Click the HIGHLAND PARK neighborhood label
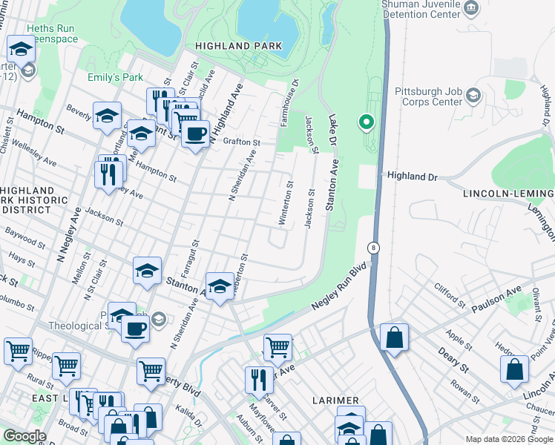[x=238, y=46]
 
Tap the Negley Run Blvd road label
[x=336, y=290]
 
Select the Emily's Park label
[x=115, y=77]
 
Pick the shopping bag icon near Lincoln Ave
[x=514, y=369]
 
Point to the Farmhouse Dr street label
[x=288, y=103]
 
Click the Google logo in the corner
[x=24, y=436]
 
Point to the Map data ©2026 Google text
[x=508, y=439]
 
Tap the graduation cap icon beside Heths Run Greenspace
[x=21, y=50]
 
